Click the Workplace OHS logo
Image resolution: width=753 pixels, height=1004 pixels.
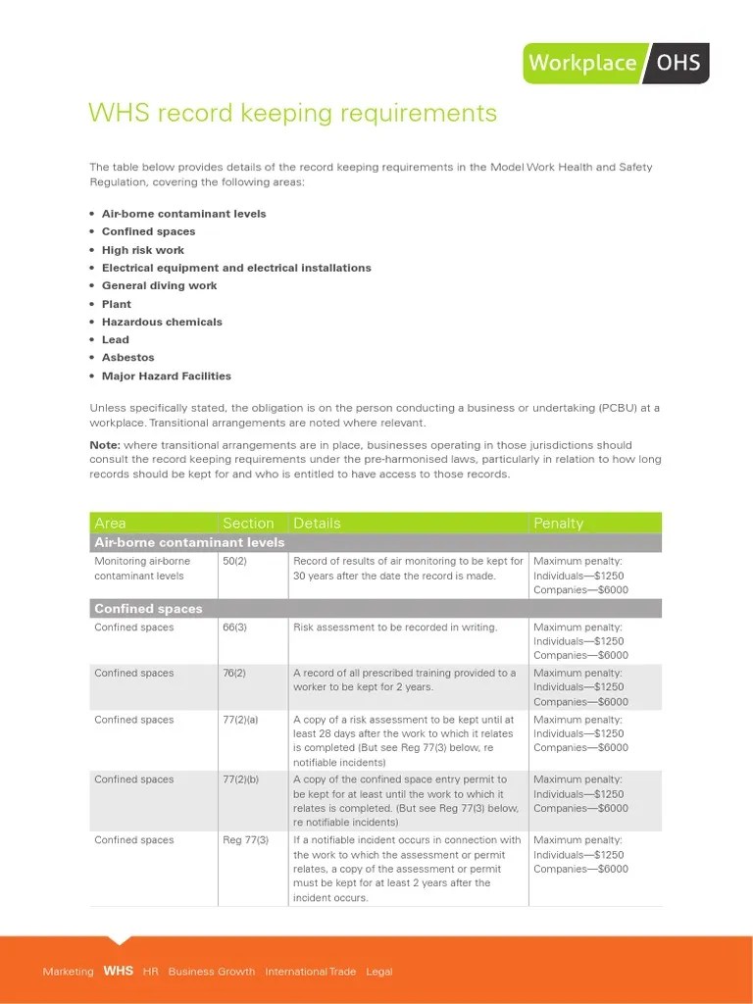point(616,63)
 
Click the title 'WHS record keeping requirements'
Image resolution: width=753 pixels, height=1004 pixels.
point(292,113)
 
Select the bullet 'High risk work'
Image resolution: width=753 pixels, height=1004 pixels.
point(143,250)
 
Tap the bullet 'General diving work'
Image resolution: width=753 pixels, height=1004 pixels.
point(159,285)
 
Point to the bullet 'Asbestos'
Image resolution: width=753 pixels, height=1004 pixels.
point(127,358)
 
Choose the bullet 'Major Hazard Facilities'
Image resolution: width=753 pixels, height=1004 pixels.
point(166,376)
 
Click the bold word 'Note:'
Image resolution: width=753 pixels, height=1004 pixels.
point(105,445)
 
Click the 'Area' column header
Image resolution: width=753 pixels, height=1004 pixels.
point(110,524)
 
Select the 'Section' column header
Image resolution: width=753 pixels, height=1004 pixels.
point(248,524)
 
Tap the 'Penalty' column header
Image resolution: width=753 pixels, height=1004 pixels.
point(558,524)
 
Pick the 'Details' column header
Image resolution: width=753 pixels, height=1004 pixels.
point(317,524)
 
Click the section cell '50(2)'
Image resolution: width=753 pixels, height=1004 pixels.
point(234,562)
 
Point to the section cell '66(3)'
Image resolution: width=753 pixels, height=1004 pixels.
point(234,627)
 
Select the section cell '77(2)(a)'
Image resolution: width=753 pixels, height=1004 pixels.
point(241,720)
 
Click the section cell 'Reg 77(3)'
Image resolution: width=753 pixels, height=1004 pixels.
point(245,840)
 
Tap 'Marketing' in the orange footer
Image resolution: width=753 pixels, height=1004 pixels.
point(68,972)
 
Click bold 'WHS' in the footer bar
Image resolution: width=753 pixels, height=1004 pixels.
point(118,972)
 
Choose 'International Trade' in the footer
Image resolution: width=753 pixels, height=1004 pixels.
point(310,972)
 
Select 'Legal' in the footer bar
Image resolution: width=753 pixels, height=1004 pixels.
point(378,972)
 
